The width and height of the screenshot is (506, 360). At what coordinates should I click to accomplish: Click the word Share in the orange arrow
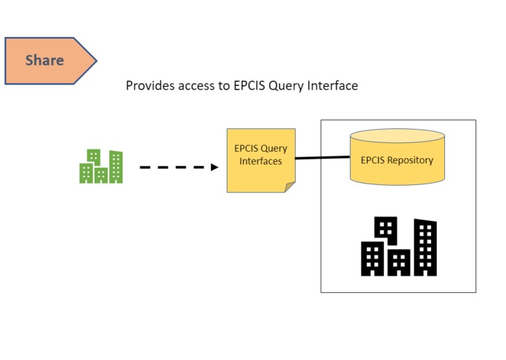[44, 60]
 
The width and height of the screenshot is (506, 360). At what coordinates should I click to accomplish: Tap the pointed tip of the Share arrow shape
[97, 60]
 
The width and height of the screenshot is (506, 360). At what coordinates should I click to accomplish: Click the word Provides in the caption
[150, 85]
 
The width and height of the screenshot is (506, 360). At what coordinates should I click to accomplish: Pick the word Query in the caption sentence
[286, 86]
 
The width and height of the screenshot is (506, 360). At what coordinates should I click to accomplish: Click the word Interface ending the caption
[333, 85]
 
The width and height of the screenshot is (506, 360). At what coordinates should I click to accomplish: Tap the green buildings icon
[101, 166]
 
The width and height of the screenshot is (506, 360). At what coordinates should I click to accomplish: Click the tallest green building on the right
[116, 167]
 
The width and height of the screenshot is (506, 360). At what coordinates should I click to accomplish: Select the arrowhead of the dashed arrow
[215, 167]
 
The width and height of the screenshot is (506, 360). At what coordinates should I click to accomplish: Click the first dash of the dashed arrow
[145, 167]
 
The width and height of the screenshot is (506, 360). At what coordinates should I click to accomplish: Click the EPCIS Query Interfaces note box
[261, 160]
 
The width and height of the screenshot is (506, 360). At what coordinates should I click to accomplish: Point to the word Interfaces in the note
[261, 161]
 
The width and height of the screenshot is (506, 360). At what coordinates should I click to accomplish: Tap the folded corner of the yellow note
[290, 187]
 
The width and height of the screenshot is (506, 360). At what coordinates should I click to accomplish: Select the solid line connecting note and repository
[323, 157]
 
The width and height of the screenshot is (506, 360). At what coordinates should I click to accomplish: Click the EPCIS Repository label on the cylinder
[397, 160]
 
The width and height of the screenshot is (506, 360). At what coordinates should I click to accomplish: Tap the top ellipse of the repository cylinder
[398, 136]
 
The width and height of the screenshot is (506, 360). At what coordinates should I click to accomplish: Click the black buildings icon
[399, 246]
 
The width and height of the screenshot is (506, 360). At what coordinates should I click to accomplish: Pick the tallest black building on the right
[425, 247]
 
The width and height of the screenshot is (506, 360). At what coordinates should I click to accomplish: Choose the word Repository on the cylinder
[411, 160]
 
